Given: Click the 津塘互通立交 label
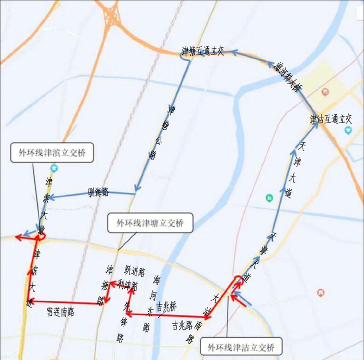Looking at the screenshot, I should [x=202, y=51].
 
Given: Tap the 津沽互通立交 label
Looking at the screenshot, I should [x=331, y=119].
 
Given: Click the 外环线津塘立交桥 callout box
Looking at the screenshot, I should [x=150, y=223].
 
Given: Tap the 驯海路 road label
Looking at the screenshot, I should [x=98, y=192].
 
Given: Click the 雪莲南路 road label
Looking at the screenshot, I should [x=60, y=312].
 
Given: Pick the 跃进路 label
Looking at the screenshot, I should [x=135, y=271].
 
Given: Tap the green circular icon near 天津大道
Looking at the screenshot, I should [x=269, y=197].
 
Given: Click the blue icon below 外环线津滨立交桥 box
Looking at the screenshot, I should [x=54, y=168].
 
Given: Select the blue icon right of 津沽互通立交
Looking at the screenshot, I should [x=347, y=130].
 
